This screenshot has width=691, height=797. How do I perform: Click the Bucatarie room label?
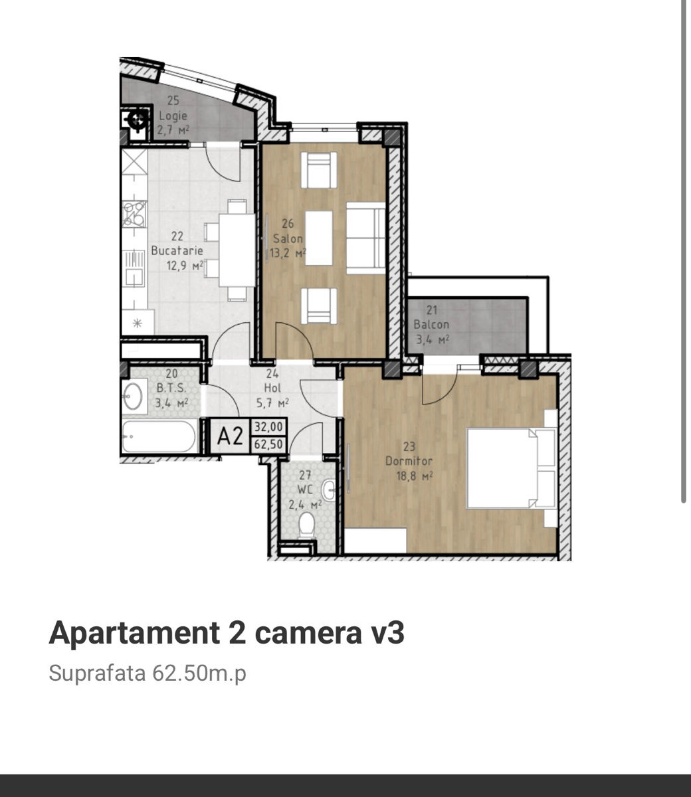(177, 250)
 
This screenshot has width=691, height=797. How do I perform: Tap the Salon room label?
(288, 238)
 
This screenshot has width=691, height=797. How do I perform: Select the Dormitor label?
(409, 461)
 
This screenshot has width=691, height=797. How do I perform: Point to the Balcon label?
(431, 324)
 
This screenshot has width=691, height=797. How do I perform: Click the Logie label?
(173, 116)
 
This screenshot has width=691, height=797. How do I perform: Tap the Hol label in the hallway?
(272, 388)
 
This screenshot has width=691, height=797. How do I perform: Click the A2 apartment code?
(230, 436)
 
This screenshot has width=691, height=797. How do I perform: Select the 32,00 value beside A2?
(268, 427)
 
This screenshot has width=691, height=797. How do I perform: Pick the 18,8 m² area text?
(415, 476)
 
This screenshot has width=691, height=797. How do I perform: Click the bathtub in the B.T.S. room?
(159, 436)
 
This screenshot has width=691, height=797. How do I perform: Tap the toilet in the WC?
(307, 525)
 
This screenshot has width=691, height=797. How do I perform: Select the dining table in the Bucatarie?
(237, 250)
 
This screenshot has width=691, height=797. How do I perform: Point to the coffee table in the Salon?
(319, 238)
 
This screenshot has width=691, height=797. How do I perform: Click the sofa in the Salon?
(365, 238)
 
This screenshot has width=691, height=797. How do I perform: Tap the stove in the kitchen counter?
(135, 214)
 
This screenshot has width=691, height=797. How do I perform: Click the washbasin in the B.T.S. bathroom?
(132, 396)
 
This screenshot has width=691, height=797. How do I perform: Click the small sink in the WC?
(329, 489)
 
